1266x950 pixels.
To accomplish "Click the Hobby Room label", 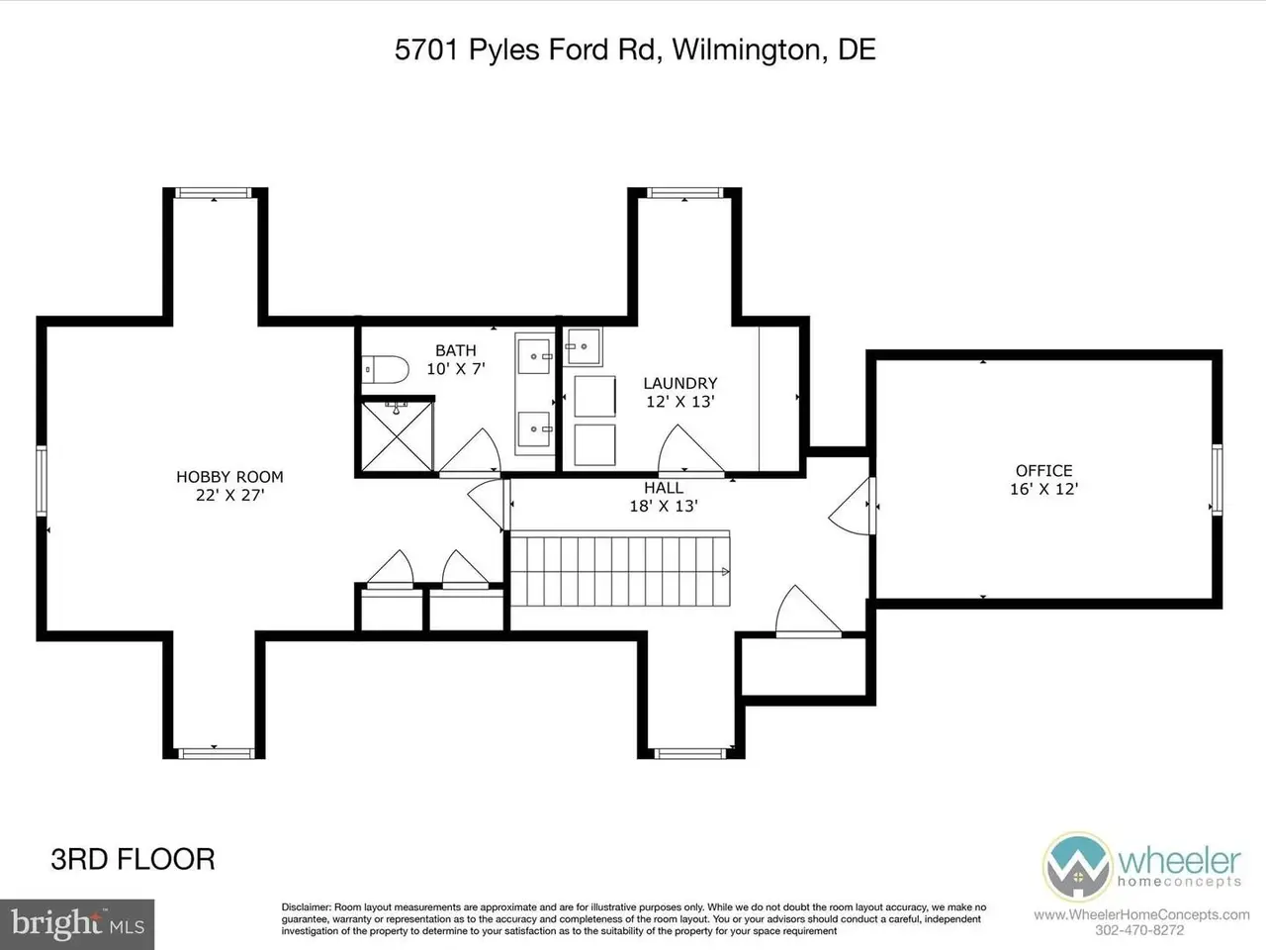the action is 229,486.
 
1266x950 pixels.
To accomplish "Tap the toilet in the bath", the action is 386,369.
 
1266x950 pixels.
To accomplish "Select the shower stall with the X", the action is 398,436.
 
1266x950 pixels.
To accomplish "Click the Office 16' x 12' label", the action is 1043,479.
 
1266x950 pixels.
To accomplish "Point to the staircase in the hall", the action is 620,569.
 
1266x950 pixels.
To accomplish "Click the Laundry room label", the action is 680,392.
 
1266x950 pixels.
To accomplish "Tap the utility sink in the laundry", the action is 583,346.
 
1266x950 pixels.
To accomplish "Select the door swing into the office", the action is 852,507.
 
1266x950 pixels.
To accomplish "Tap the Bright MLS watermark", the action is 77,924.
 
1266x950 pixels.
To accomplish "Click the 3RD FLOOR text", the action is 133,859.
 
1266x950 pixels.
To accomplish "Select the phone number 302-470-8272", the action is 1139,930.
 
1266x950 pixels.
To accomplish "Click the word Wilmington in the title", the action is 746,49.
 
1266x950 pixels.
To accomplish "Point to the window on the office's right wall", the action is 1217,479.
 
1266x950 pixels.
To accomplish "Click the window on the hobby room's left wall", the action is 42,481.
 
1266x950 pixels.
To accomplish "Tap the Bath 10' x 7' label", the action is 456,359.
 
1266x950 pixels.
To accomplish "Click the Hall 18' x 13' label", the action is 664,497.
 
